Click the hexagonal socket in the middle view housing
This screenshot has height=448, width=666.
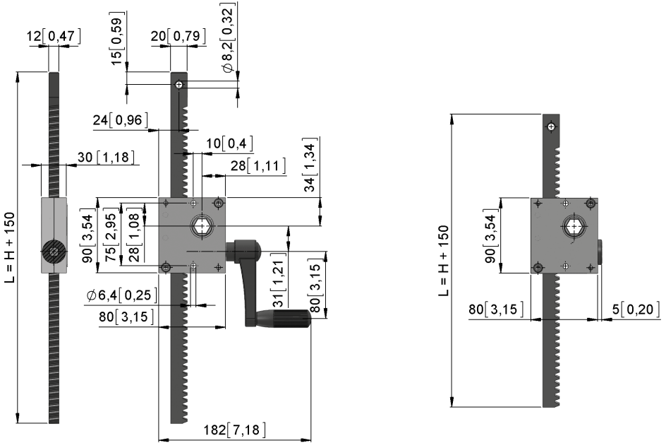tap(202, 225)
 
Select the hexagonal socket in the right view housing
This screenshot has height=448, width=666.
tap(574, 227)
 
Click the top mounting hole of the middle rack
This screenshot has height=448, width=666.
tap(179, 85)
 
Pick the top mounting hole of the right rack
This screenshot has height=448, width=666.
tap(551, 126)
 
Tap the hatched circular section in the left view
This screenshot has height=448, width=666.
tap(54, 252)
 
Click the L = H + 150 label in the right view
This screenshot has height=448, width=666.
tap(444, 260)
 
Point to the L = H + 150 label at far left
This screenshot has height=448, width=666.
tap(9, 247)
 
